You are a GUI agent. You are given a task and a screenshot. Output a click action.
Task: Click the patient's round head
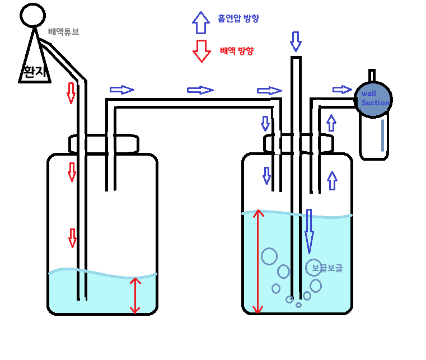[x=32, y=15]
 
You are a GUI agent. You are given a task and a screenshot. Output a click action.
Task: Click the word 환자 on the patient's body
[x=34, y=71]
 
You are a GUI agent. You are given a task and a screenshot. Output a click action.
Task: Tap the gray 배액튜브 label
[x=63, y=32]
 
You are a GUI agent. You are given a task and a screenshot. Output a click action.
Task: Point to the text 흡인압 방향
[x=238, y=18]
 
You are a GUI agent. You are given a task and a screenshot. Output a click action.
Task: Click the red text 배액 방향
[x=236, y=51]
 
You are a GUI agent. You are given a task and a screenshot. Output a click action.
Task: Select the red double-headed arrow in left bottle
[x=134, y=295]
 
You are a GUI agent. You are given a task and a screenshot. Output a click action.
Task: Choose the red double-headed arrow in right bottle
[x=258, y=261]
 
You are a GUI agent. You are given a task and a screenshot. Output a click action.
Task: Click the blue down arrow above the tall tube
[x=296, y=41]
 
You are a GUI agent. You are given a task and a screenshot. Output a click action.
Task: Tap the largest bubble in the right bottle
[x=269, y=256]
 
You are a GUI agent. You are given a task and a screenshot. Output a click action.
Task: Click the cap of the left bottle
[x=104, y=143]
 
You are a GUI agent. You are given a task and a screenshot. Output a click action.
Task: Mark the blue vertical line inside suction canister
[x=382, y=135]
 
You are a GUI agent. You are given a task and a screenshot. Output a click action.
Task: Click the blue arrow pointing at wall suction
[x=342, y=90]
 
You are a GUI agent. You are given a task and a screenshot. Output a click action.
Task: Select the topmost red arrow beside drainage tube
[x=71, y=92]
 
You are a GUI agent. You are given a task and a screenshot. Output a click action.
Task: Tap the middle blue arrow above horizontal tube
[x=200, y=90]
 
